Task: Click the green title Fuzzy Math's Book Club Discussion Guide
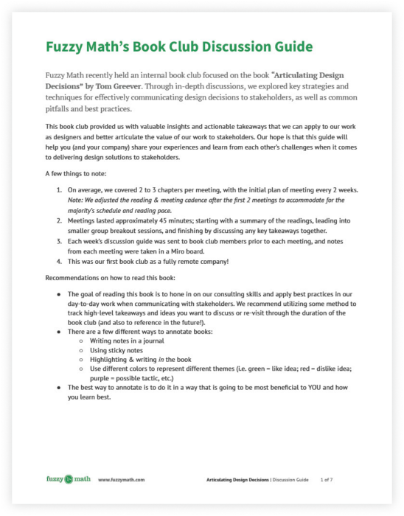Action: coord(178,46)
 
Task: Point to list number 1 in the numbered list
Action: coord(60,190)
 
